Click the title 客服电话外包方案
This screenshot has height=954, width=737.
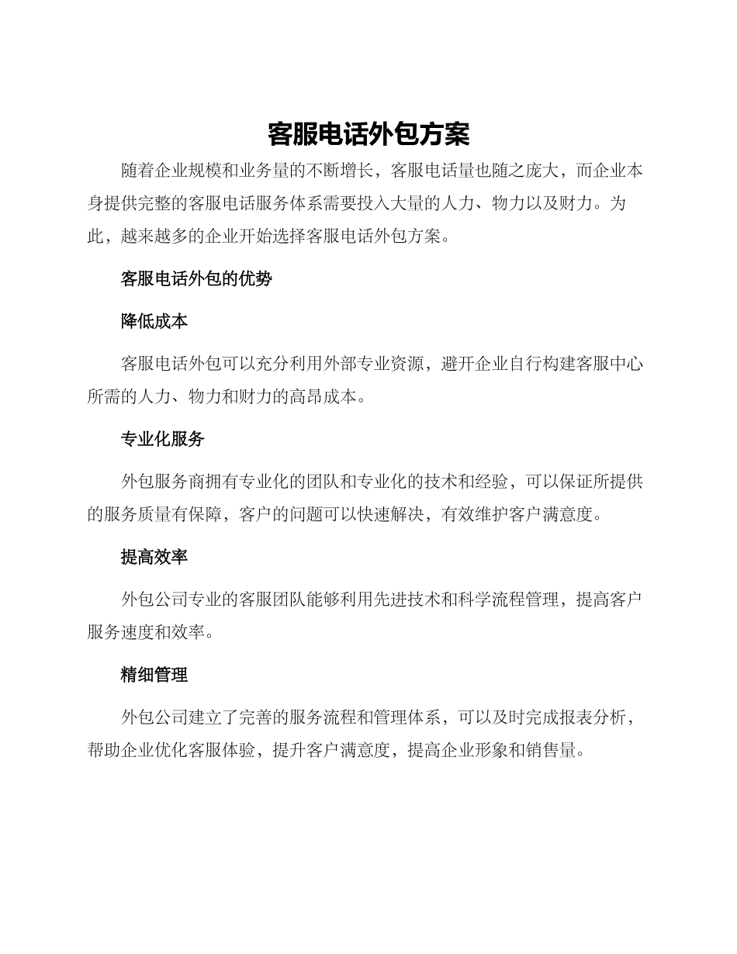[368, 134]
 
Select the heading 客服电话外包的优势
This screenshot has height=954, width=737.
[196, 279]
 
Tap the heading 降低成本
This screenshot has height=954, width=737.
[154, 321]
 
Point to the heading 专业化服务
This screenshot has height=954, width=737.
[163, 439]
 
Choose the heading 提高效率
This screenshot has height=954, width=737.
[154, 557]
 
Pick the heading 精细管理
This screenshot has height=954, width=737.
[154, 675]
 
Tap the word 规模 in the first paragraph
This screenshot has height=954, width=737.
[205, 170]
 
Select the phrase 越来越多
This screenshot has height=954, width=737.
[154, 236]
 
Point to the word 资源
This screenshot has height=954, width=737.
[407, 363]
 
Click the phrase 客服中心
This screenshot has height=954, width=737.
[610, 363]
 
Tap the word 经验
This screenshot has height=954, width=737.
[492, 481]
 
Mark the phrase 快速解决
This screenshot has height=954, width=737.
[390, 515]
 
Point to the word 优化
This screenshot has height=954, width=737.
[171, 751]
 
